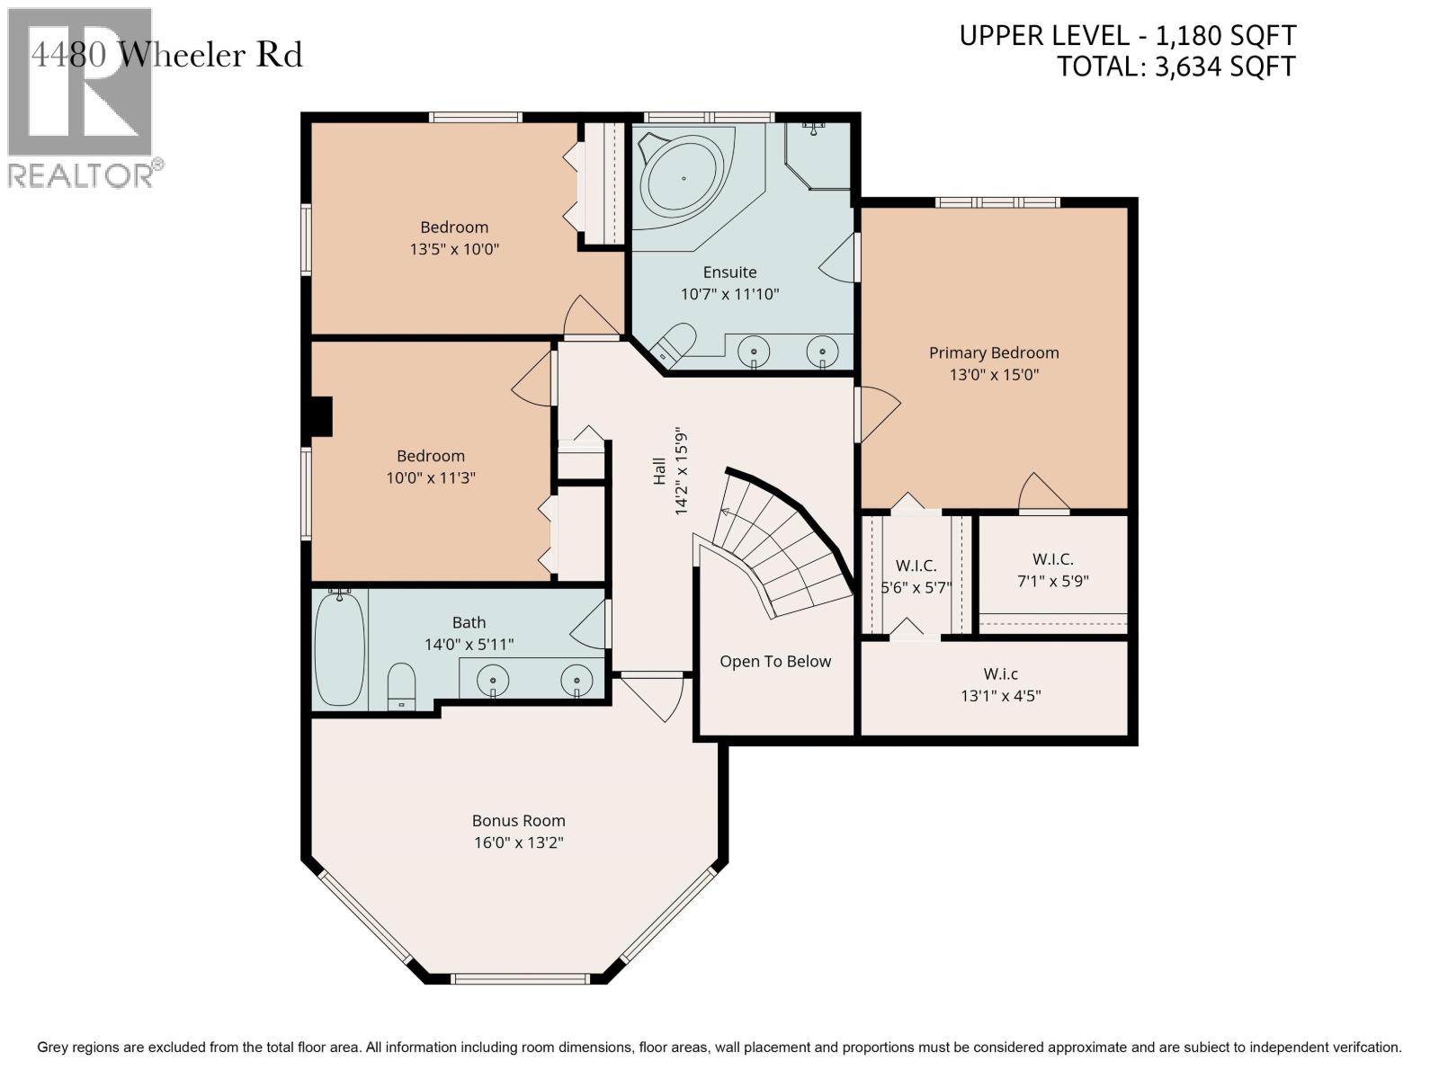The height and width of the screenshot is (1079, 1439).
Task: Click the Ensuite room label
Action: tap(729, 272)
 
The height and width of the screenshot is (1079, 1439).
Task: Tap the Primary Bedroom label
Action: tap(993, 352)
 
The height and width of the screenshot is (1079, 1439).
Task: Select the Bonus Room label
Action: tap(518, 820)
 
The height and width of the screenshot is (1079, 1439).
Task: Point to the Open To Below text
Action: tap(775, 662)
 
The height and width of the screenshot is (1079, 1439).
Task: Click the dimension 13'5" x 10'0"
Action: tap(454, 249)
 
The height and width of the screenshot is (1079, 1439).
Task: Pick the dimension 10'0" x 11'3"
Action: tap(431, 477)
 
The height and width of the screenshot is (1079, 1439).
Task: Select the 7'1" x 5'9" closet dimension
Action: tap(1052, 581)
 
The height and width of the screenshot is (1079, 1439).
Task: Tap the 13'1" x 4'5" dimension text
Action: tap(1000, 696)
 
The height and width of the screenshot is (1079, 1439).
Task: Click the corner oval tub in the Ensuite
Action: tap(684, 178)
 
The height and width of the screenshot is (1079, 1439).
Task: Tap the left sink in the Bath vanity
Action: tap(492, 680)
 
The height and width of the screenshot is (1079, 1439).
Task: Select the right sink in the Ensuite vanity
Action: tap(822, 352)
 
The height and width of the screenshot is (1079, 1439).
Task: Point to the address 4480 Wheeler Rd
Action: tap(166, 55)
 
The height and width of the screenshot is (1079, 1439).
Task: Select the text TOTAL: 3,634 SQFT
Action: tap(1176, 67)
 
